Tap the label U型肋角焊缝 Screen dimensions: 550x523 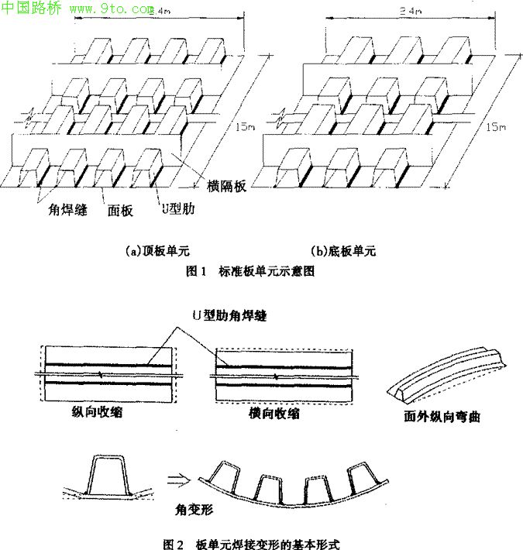(x=229, y=316)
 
